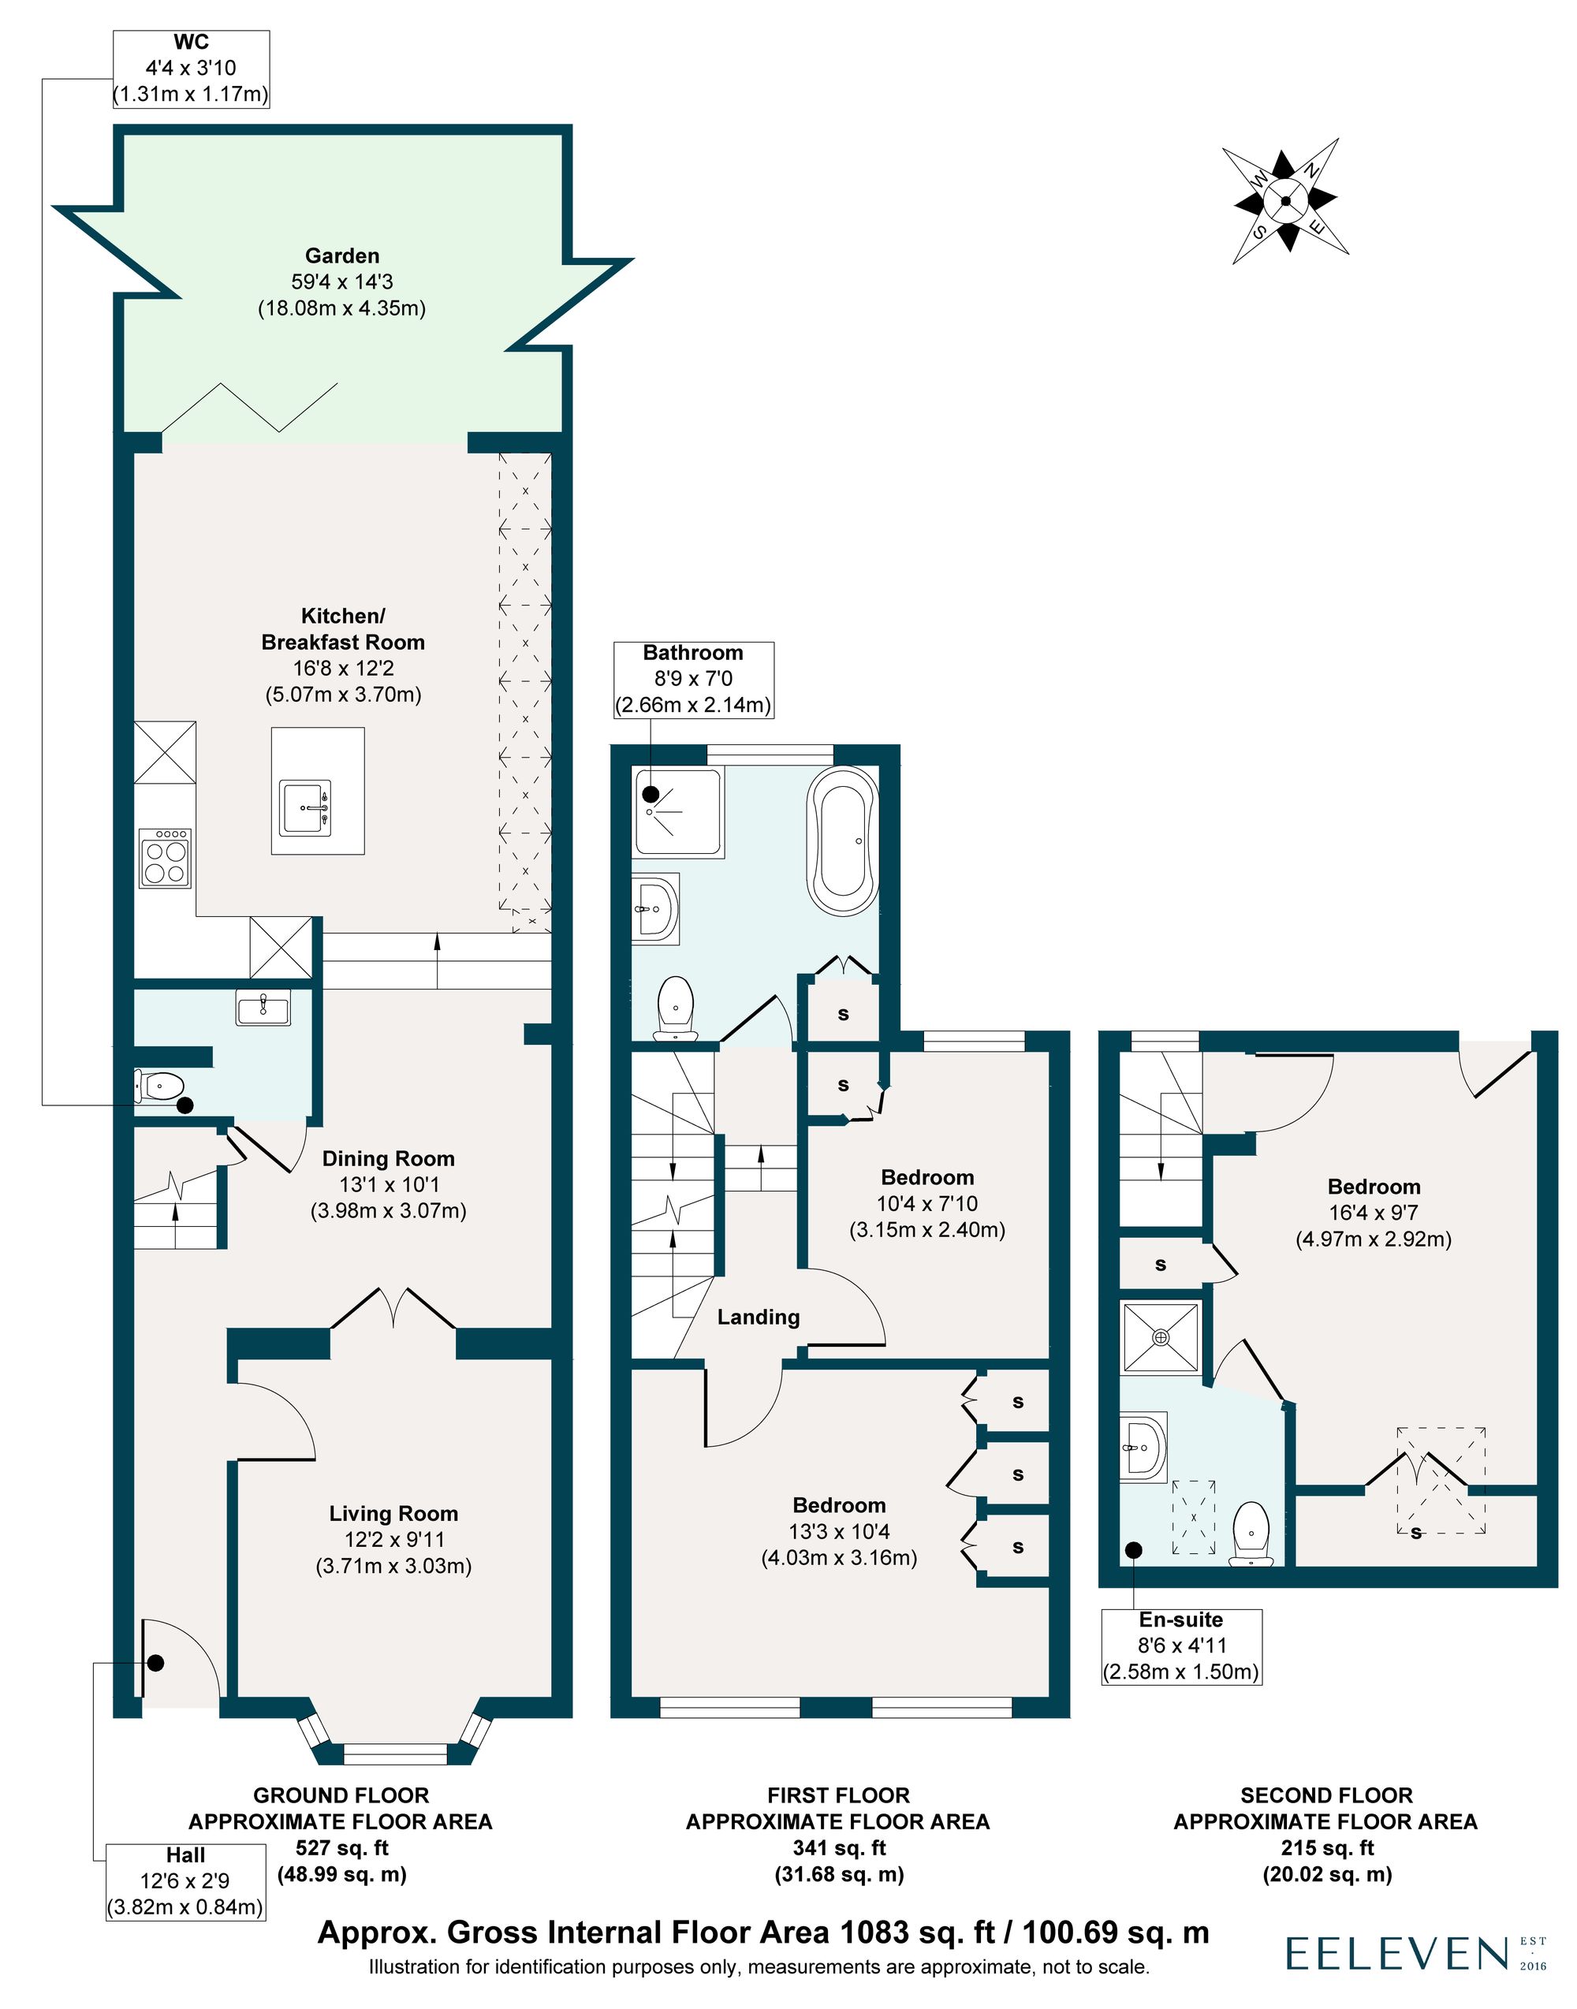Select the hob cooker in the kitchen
click(166, 859)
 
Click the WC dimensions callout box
click(191, 69)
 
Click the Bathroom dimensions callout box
click(693, 680)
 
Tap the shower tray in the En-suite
click(1161, 1337)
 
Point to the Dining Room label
click(388, 1159)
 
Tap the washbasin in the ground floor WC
click(263, 1008)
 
